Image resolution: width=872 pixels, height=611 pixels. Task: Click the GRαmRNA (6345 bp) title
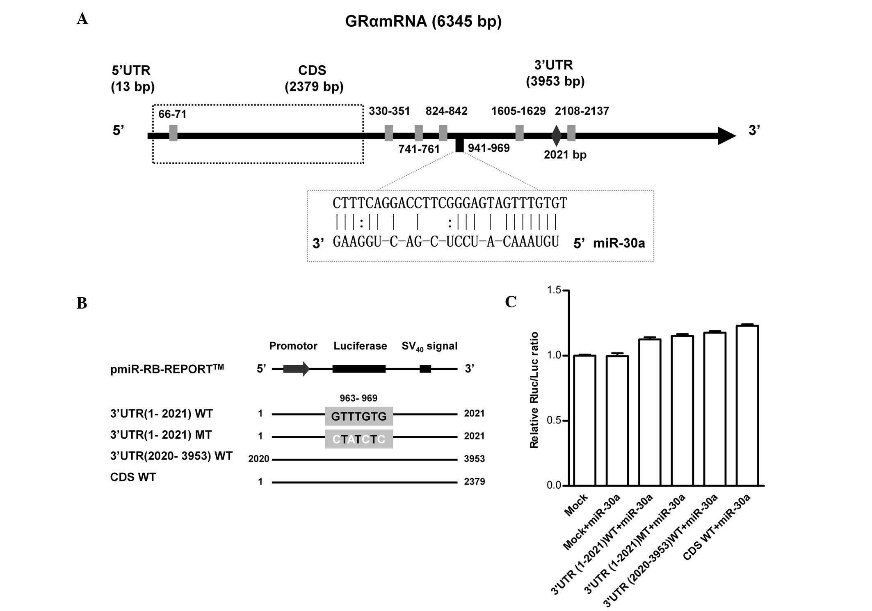423,21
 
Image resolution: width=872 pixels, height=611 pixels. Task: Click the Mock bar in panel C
584,420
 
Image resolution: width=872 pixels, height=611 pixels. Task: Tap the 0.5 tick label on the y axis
554,421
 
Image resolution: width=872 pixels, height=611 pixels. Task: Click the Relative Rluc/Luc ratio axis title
534,390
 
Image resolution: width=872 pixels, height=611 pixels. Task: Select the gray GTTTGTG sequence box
359,416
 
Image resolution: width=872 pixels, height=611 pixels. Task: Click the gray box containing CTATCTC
359,439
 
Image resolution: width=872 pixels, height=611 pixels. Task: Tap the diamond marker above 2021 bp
556,135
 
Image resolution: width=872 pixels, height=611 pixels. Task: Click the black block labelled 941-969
459,146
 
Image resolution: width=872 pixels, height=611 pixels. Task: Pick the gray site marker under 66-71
173,133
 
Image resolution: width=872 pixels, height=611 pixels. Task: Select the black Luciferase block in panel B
359,368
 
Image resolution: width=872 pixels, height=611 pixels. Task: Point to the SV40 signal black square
425,368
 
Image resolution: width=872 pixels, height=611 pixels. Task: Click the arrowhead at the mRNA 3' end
726,135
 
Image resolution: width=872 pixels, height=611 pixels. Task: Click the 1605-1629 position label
518,111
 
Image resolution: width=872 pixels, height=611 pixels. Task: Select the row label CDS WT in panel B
133,477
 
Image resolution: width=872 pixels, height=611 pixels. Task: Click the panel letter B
82,303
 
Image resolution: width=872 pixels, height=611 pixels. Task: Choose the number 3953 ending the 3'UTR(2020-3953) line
474,459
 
